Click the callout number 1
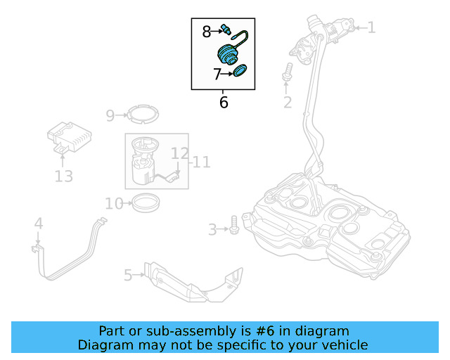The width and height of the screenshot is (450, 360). point(371,28)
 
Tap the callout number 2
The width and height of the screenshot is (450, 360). point(287,103)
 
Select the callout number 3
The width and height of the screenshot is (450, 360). point(212,229)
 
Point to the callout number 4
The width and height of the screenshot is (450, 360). point(39,224)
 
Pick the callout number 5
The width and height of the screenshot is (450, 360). point(128,275)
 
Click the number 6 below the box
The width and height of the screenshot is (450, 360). point(224,103)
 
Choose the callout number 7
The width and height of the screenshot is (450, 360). point(218,73)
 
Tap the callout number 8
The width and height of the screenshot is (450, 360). point(207,31)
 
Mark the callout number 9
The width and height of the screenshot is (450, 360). point(110,115)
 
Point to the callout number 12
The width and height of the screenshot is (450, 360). point(179,153)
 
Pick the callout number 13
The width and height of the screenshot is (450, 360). point(63,176)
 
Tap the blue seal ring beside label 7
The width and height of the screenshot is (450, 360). point(240,71)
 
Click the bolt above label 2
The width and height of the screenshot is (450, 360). point(287,72)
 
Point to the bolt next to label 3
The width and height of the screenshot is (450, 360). point(234,227)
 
